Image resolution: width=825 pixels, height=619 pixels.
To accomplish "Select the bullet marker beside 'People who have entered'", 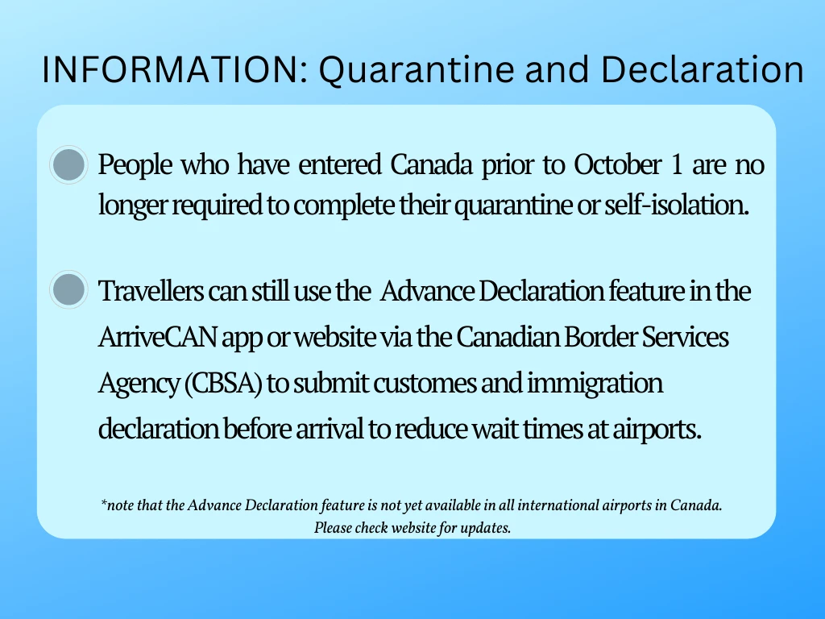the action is pos(68,164).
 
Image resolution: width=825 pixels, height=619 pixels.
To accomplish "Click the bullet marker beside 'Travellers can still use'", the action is pos(68,289).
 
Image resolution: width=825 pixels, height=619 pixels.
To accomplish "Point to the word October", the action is pos(617,164).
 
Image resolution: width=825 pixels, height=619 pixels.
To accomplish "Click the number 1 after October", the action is pos(677,164).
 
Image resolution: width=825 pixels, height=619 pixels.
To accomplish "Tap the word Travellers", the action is pos(151,290).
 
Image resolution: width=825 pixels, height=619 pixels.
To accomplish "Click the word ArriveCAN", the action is pos(157,337).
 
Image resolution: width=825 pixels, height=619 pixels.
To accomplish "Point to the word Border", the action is pos(599,337).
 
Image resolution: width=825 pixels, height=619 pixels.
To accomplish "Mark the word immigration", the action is pos(595,383).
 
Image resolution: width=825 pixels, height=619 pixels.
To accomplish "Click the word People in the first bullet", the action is pos(135,164).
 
